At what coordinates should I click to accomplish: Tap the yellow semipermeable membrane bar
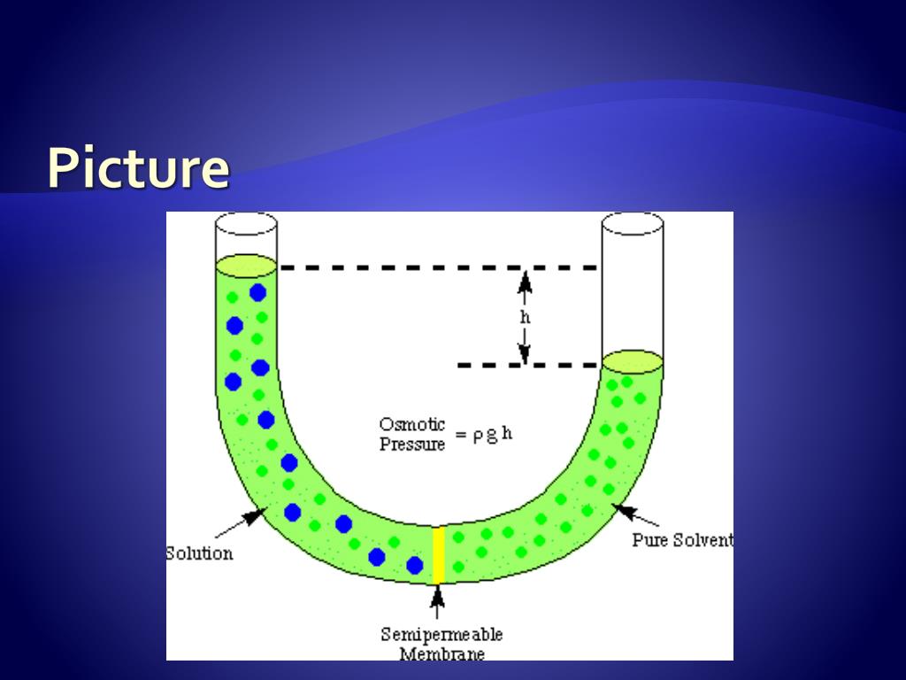pyautogui.click(x=438, y=555)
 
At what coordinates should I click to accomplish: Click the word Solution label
pyautogui.click(x=201, y=553)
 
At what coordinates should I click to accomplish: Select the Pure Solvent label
pyautogui.click(x=682, y=539)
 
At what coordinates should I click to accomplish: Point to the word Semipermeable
pyautogui.click(x=441, y=634)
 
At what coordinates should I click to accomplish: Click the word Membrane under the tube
pyautogui.click(x=441, y=654)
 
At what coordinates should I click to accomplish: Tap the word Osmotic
pyautogui.click(x=412, y=425)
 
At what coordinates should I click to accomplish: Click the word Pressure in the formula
pyautogui.click(x=412, y=444)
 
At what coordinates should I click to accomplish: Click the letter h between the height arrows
pyautogui.click(x=525, y=316)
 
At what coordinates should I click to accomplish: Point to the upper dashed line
pyautogui.click(x=438, y=267)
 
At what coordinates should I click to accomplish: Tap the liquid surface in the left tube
pyautogui.click(x=247, y=264)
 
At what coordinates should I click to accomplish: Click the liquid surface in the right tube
pyautogui.click(x=633, y=361)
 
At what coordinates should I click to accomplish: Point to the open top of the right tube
pyautogui.click(x=633, y=223)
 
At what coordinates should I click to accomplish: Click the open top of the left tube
pyautogui.click(x=247, y=223)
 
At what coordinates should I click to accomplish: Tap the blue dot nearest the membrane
pyautogui.click(x=414, y=565)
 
